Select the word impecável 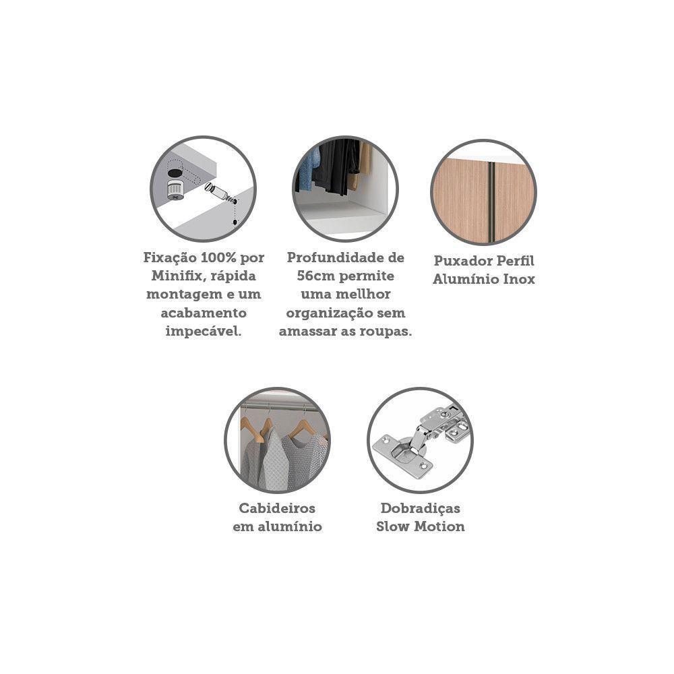click(204, 332)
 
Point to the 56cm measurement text click(316, 276)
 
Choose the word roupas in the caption click(383, 332)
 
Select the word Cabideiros click(277, 508)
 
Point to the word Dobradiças click(421, 509)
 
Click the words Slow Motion click(421, 526)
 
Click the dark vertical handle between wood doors click(491, 202)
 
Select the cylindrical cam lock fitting click(175, 189)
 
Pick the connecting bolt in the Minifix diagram click(220, 193)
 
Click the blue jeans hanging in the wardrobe click(308, 169)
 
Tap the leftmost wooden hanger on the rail click(253, 429)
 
